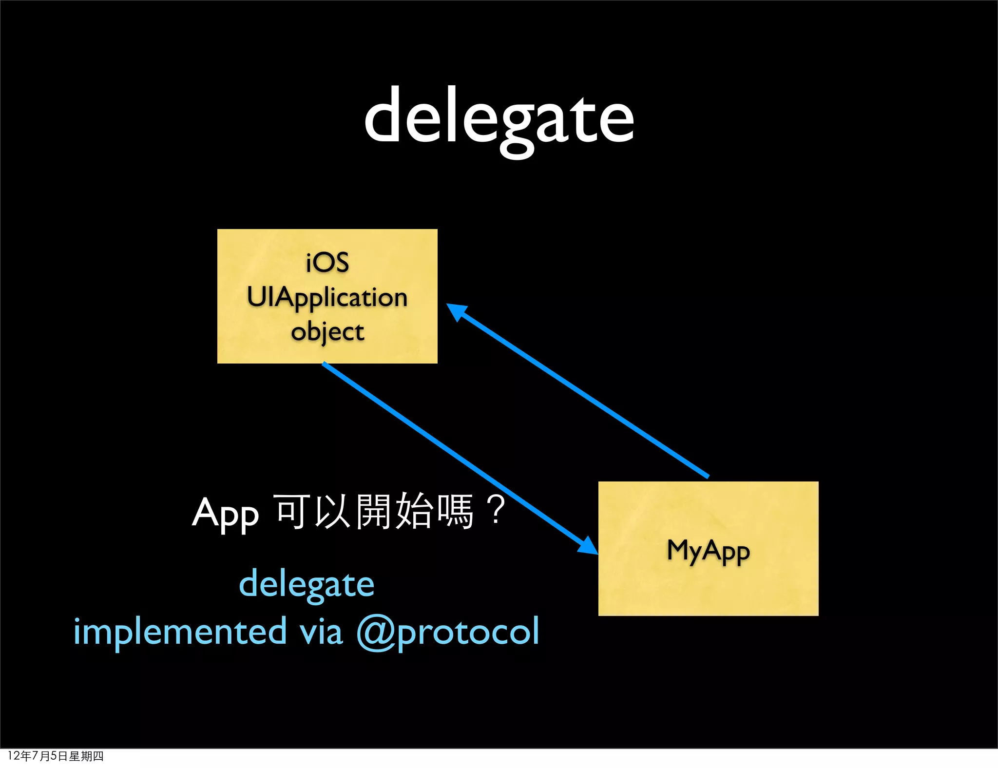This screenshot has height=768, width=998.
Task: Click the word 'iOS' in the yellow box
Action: (327, 263)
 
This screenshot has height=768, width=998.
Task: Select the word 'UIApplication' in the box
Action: (327, 297)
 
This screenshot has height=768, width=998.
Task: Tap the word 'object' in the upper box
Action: (327, 332)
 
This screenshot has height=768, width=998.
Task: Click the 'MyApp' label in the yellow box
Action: (708, 551)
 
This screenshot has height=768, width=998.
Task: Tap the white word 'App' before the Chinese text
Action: (225, 514)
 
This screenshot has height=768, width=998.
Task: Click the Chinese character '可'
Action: (293, 511)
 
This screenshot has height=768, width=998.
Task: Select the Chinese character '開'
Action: (374, 511)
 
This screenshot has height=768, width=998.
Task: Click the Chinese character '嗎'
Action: (455, 511)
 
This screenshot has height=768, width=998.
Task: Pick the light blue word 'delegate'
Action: (307, 585)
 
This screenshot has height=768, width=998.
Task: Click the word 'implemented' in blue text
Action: (180, 632)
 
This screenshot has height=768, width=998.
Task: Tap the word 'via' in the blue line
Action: (321, 632)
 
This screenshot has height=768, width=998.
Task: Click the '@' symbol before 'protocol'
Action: (376, 633)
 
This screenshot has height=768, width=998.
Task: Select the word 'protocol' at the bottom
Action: (468, 633)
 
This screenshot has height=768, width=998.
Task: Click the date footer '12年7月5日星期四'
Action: (56, 756)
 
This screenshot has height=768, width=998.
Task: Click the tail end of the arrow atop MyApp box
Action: (707, 476)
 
